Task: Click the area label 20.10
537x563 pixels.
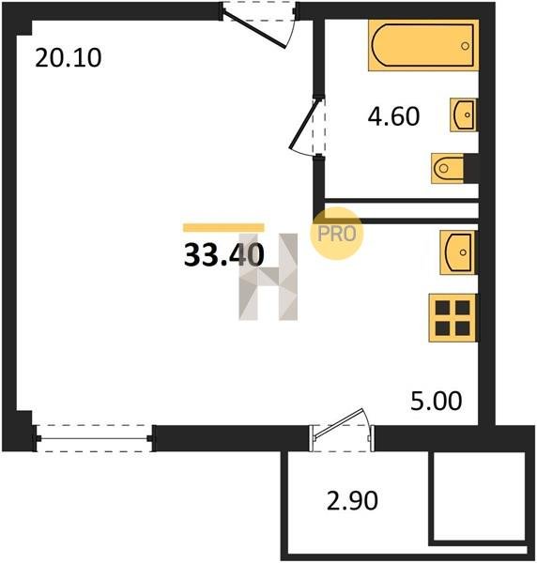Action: click(x=69, y=58)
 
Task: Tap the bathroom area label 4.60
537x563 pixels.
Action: click(x=393, y=116)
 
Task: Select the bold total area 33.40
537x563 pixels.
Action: click(x=223, y=254)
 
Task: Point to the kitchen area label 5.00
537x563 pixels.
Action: click(x=436, y=401)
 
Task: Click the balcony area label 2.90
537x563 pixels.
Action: click(x=352, y=500)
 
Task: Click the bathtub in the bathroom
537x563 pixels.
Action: click(x=423, y=45)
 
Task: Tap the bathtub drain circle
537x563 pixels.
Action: click(x=465, y=46)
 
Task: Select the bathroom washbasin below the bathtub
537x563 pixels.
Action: click(x=464, y=114)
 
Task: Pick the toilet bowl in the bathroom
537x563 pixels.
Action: click(x=448, y=168)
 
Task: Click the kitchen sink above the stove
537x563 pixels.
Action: click(x=458, y=252)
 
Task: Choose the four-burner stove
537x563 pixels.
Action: click(x=453, y=318)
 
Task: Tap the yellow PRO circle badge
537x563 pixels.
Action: click(x=337, y=234)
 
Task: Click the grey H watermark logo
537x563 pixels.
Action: click(x=268, y=277)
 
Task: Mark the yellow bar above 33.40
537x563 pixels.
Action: click(x=223, y=228)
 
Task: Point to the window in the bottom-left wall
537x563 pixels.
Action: click(x=94, y=438)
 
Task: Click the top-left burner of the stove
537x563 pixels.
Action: click(x=442, y=308)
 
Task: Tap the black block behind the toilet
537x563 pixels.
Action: click(x=471, y=168)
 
